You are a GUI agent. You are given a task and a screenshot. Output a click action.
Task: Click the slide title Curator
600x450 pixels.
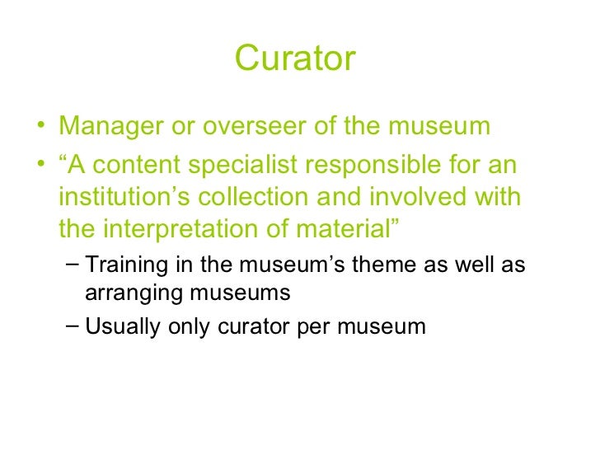pyautogui.click(x=295, y=59)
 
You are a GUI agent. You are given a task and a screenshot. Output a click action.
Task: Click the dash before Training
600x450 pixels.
pyautogui.click(x=73, y=263)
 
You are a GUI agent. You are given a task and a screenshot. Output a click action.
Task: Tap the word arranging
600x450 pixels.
pyautogui.click(x=131, y=291)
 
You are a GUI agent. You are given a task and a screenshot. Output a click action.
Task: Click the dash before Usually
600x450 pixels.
pyautogui.click(x=73, y=326)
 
